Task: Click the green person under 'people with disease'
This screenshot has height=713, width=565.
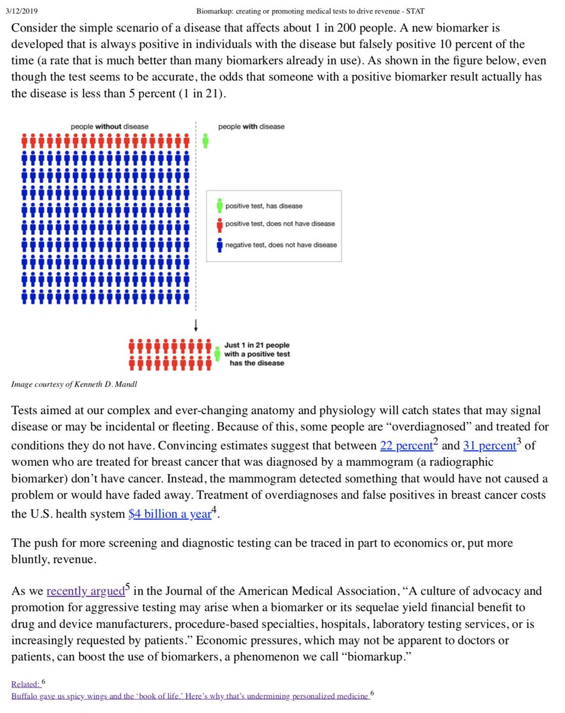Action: coord(205,141)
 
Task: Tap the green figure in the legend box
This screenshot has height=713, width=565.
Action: coord(219,206)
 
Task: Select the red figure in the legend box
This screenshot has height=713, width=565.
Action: coord(219,223)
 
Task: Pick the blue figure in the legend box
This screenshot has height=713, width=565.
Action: coord(219,244)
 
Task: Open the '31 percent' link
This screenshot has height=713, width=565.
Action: coord(489,446)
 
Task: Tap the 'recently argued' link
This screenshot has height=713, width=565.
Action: coord(86,591)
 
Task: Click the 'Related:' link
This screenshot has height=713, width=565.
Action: coord(24,684)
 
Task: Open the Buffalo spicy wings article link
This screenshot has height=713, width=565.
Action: coord(190,696)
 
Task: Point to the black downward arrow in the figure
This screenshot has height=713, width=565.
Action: coord(196,326)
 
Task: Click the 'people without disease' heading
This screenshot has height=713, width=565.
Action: coord(110,126)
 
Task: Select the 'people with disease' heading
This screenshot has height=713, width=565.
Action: coord(251,126)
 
